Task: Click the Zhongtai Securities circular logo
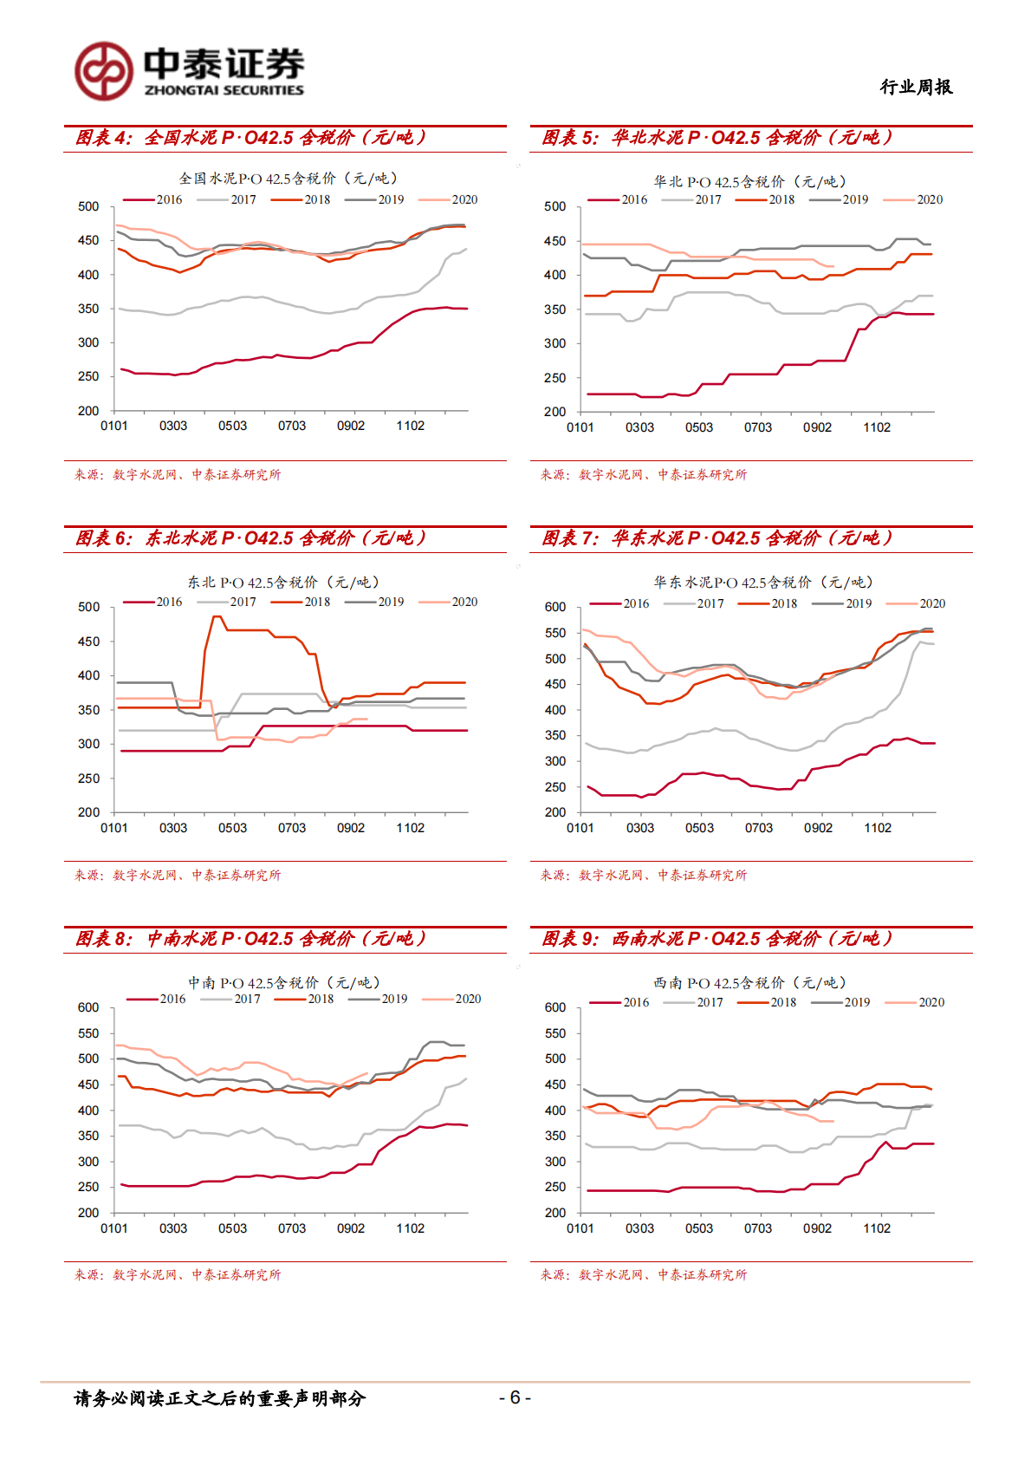[x=103, y=71]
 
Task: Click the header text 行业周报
[x=916, y=87]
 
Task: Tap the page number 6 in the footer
[x=515, y=1397]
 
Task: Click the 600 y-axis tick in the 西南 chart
[x=555, y=1007]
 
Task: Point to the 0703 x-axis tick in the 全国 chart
[x=292, y=426]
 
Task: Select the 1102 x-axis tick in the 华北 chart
[x=877, y=427]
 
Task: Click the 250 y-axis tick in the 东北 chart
[x=89, y=778]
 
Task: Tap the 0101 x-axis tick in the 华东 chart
[x=580, y=828]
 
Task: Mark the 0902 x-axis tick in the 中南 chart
[x=351, y=1228]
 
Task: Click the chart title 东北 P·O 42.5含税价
[x=283, y=583]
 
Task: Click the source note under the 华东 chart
[x=643, y=875]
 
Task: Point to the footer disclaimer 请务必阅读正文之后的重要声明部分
[x=220, y=1397]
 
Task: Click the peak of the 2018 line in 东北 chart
[x=217, y=616]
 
